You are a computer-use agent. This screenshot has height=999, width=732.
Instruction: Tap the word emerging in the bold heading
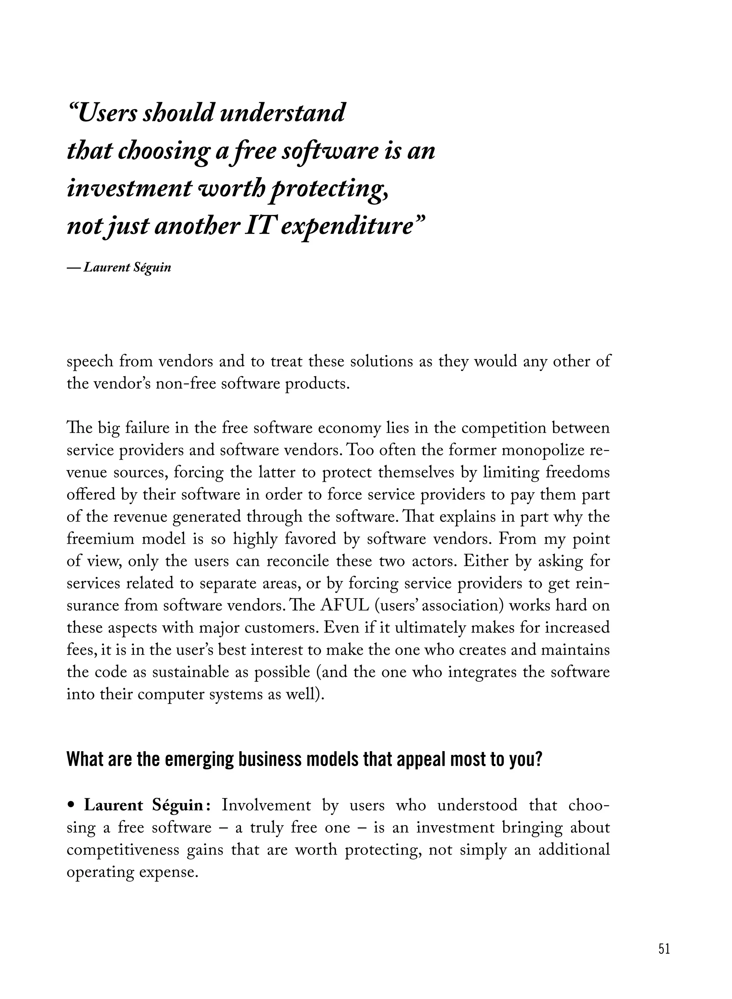(200, 759)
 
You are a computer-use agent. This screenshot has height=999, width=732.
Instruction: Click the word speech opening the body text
(90, 361)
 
